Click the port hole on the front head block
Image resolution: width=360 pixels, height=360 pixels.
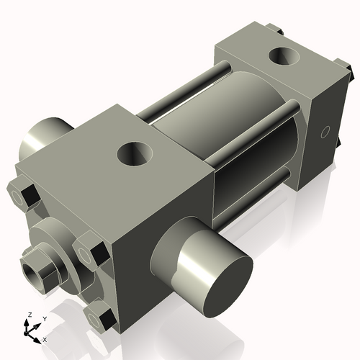(x=135, y=153)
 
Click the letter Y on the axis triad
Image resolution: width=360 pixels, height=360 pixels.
(x=45, y=318)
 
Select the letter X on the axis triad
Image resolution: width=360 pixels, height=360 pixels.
(x=45, y=338)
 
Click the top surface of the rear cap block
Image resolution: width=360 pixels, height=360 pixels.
(x=274, y=61)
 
